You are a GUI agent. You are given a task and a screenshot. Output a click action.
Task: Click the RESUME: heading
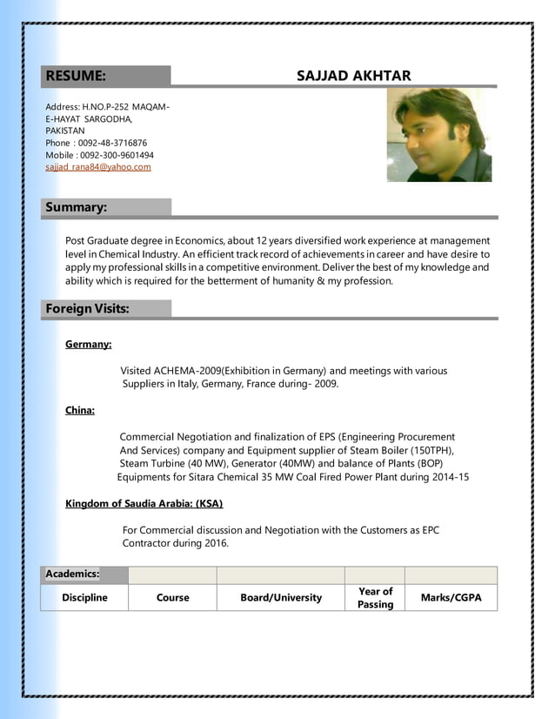pyautogui.click(x=76, y=76)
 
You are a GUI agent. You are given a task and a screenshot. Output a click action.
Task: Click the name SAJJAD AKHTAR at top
pyautogui.click(x=353, y=76)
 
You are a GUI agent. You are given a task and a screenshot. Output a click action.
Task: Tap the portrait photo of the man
pyautogui.click(x=438, y=135)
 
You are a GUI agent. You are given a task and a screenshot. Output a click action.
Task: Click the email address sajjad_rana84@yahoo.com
pyautogui.click(x=98, y=167)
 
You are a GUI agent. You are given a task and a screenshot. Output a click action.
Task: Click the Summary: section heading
pyautogui.click(x=77, y=207)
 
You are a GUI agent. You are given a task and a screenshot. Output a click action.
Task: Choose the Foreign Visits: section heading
pyautogui.click(x=87, y=309)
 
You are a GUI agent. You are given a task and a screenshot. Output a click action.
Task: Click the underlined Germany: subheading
pyautogui.click(x=88, y=345)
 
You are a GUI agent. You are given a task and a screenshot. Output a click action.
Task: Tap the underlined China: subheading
pyautogui.click(x=80, y=411)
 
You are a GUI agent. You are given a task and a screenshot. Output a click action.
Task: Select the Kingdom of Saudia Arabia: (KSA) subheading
pyautogui.click(x=144, y=504)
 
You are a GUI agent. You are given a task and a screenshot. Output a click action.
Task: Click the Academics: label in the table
pyautogui.click(x=72, y=575)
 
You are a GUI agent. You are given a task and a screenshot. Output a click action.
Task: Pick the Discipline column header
pyautogui.click(x=84, y=598)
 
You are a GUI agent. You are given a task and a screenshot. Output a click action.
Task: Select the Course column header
pyautogui.click(x=172, y=598)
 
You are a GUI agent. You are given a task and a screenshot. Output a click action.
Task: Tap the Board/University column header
pyautogui.click(x=281, y=598)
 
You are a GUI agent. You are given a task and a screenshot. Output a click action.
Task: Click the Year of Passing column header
pyautogui.click(x=375, y=598)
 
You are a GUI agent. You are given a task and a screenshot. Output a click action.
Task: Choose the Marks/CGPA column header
pyautogui.click(x=451, y=598)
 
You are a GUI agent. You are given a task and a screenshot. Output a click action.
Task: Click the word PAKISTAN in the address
pyautogui.click(x=65, y=131)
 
